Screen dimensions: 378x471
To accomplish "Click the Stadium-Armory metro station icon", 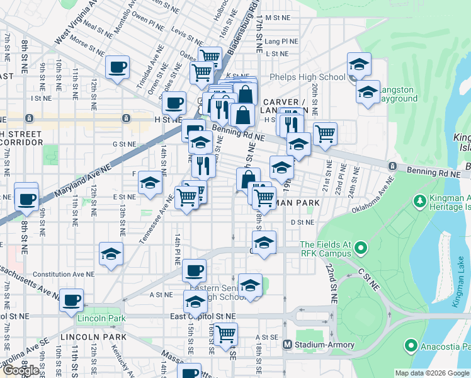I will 288,345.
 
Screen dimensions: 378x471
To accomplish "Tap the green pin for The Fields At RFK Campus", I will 360,248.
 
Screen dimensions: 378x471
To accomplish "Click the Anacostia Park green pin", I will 411,345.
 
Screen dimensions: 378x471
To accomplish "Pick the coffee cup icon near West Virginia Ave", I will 117,67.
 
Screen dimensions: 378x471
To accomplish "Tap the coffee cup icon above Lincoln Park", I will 72,299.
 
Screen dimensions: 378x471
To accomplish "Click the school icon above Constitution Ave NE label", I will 111,254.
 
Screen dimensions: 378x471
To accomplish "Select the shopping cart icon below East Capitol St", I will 225,334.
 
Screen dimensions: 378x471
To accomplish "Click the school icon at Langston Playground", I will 368,92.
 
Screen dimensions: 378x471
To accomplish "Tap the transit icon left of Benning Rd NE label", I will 392,166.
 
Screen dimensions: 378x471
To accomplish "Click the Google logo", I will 21,370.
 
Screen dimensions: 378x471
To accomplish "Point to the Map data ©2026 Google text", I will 431,373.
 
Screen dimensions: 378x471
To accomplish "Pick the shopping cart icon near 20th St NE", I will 325,133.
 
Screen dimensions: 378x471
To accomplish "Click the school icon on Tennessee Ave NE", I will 150,183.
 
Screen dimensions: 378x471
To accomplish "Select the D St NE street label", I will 302,222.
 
